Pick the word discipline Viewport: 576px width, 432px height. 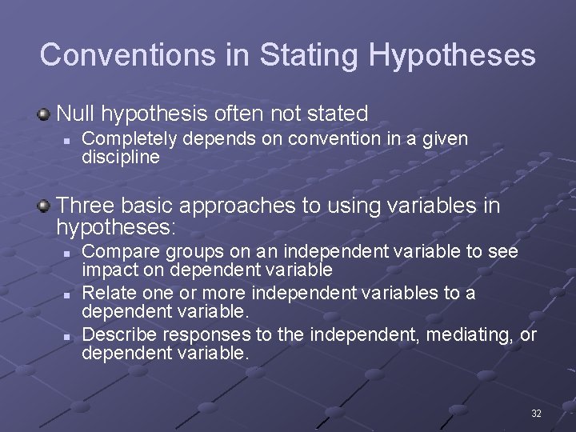click(x=121, y=158)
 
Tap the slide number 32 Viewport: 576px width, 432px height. click(x=536, y=413)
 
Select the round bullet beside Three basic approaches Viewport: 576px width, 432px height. click(x=44, y=207)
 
